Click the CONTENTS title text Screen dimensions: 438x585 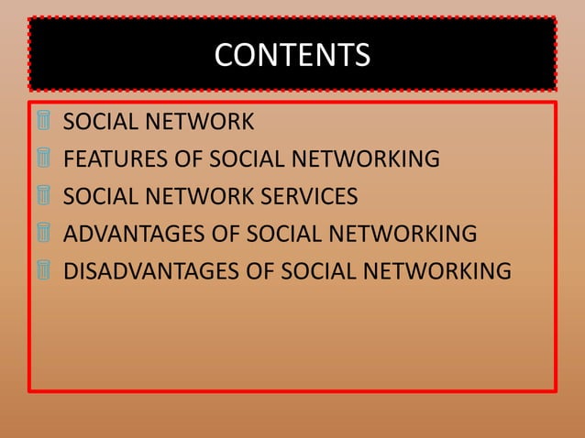(292, 55)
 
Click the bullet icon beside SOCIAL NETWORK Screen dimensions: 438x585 (43, 121)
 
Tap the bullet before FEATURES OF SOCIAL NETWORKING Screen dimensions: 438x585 (43, 159)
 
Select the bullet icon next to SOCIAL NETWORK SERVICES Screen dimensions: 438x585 (43, 196)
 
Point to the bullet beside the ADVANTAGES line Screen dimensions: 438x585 (43, 234)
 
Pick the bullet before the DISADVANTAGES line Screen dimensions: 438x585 (43, 271)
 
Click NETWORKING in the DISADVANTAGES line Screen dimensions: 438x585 (438, 272)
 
